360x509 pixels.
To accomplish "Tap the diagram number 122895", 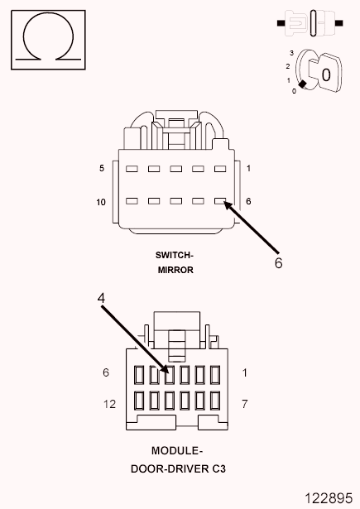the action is pos(329,498).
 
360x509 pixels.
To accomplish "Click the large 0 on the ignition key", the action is pos(326,74).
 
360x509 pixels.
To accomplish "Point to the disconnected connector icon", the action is pos(310,23).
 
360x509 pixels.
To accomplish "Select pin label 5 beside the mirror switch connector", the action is pos(102,168).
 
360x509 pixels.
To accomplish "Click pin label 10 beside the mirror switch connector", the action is pos(101,202).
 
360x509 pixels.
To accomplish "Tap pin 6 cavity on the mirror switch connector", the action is pos(220,201).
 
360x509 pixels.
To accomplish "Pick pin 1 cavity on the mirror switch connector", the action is pos(220,169).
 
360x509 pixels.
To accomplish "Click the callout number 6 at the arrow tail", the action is pos(279,262).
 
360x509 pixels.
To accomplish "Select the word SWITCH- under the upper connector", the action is pos(175,255).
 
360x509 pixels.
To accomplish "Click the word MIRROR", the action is pos(175,270).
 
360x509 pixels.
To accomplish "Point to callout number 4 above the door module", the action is pos(101,298).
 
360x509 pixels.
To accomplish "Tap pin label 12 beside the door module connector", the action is pos(109,404).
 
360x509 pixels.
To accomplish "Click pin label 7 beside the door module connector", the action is pos(245,404).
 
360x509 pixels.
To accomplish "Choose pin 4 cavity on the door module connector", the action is pos(170,375).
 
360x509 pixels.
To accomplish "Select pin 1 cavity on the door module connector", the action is pos(215,375).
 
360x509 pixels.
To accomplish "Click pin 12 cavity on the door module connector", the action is pos(139,401).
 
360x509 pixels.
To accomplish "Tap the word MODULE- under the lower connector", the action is pos(177,450).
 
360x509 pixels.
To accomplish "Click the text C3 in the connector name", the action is pos(219,468).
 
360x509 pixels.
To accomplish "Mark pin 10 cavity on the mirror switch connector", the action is pos(132,201).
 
